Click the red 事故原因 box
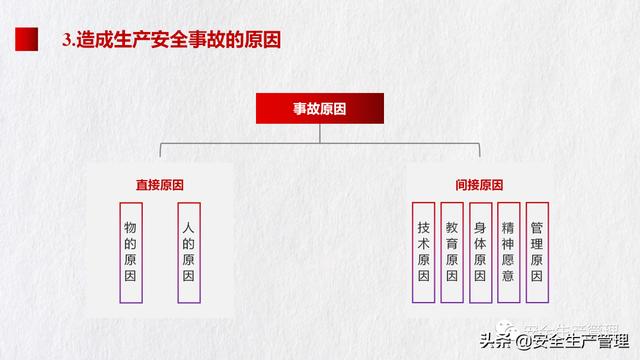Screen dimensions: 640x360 pyautogui.click(x=320, y=108)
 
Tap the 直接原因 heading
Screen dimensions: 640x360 pyautogui.click(x=160, y=185)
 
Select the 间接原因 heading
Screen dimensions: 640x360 pyautogui.click(x=479, y=185)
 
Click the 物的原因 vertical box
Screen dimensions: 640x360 pyautogui.click(x=131, y=253)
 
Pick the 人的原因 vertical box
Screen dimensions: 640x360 pyautogui.click(x=189, y=253)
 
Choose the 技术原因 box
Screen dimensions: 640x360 pyautogui.click(x=423, y=253)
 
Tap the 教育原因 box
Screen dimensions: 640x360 pyautogui.click(x=452, y=253)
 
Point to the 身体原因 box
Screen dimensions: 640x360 pyautogui.click(x=480, y=253)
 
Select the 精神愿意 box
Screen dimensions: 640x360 pyautogui.click(x=509, y=253)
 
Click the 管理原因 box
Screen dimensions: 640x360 pyautogui.click(x=537, y=253)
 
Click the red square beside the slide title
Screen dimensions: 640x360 pyautogui.click(x=27, y=39)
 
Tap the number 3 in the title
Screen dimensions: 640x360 pyautogui.click(x=67, y=40)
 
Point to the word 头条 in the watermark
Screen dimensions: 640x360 pyautogui.click(x=496, y=341)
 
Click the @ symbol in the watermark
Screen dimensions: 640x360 pyautogui.click(x=524, y=342)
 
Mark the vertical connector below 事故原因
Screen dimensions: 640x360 pyautogui.click(x=320, y=133)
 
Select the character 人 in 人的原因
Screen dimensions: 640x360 pyautogui.click(x=188, y=227)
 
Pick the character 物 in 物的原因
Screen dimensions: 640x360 pyautogui.click(x=130, y=227)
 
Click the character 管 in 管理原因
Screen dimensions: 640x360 pyautogui.click(x=537, y=227)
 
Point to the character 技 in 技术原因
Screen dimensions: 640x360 pyautogui.click(x=423, y=227)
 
